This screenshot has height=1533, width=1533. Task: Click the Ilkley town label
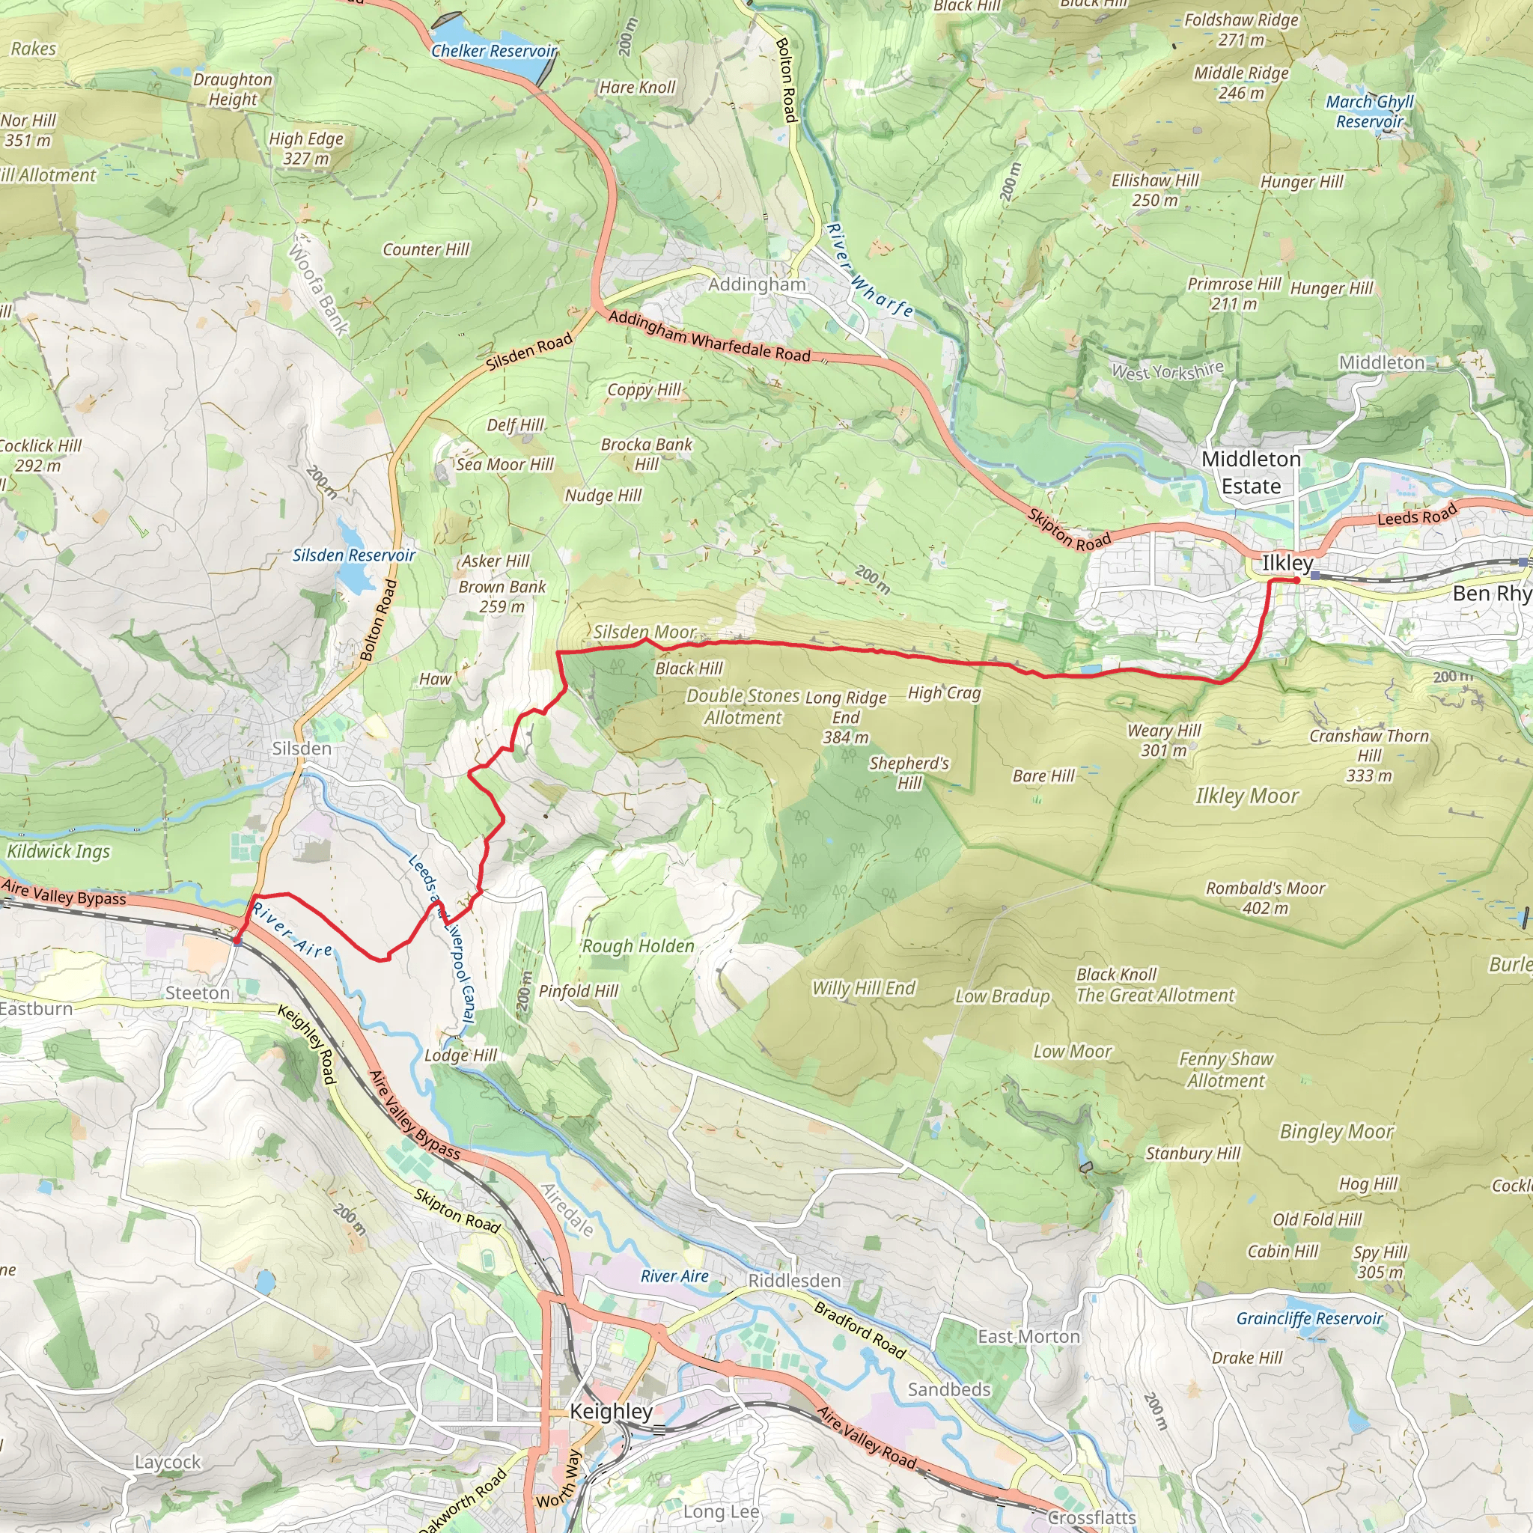coord(1287,563)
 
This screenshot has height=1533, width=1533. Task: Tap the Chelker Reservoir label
coord(493,51)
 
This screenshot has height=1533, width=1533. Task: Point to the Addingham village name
coord(757,284)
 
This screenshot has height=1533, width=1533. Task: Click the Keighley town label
coord(611,1411)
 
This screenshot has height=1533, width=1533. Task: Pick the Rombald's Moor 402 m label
coord(1265,897)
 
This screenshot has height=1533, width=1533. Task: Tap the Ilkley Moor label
coord(1246,796)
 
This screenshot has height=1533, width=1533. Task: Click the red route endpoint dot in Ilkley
coord(1296,581)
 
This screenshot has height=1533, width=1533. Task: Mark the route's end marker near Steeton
coord(237,941)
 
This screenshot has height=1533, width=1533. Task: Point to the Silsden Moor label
coord(644,632)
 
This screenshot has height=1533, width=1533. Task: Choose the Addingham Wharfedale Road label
coord(710,336)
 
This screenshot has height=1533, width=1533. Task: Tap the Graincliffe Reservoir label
coord(1309,1318)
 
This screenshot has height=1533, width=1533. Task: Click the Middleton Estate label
coord(1251,472)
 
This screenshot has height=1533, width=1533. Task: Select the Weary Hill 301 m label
coord(1163,740)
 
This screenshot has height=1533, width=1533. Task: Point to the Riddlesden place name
coord(794,1281)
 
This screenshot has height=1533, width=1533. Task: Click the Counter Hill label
coord(426,249)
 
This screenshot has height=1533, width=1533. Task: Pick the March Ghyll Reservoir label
coord(1370,111)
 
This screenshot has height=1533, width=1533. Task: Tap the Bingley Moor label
coord(1336,1132)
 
